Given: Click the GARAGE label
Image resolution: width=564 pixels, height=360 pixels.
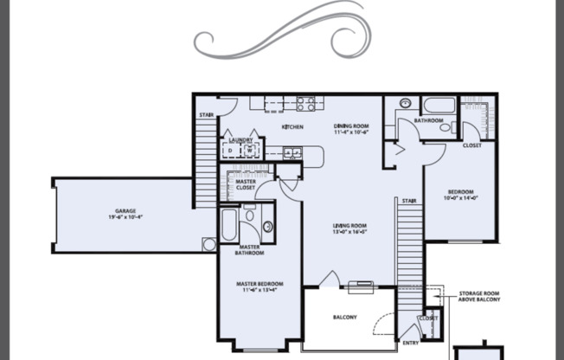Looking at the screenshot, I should tap(125, 210).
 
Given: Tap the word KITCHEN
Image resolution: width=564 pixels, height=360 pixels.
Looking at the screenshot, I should tap(292, 127).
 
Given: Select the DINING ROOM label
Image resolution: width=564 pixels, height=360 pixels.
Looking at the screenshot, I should tap(351, 127).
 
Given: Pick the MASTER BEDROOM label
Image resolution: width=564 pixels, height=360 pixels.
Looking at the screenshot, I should tap(260, 284).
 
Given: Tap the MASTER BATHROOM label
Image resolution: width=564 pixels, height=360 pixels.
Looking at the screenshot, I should tap(251, 250).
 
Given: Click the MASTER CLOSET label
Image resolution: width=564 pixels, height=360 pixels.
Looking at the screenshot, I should tap(246, 183).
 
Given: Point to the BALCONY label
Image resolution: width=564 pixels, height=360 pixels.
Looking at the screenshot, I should tap(344, 318).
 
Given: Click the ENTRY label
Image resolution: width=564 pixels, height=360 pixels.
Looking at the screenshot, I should tap(411, 343).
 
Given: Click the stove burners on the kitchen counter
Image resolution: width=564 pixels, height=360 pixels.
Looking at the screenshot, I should tap(305, 104).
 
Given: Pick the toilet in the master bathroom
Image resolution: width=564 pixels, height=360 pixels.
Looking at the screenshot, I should tap(267, 227).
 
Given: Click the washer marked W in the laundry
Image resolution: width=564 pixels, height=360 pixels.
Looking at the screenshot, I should tap(249, 151).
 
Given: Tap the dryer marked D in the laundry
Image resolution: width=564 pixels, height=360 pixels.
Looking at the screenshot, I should tap(230, 151).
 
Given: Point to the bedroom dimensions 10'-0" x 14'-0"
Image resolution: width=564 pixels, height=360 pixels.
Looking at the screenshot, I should tap(460, 197).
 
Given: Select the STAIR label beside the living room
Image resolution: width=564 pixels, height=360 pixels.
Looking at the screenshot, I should tap(409, 201).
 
